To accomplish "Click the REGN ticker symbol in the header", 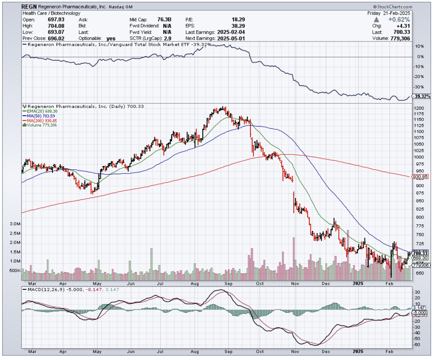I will coord(29,7).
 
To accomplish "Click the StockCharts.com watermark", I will coord(393,7).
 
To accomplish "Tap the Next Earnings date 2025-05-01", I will coord(231,38).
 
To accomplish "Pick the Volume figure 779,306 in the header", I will coord(399,38).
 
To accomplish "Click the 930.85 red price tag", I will coord(420,177).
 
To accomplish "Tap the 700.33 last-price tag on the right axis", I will coord(420,253).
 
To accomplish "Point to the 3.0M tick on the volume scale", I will coord(15,224).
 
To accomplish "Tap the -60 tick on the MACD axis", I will coord(418,345).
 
